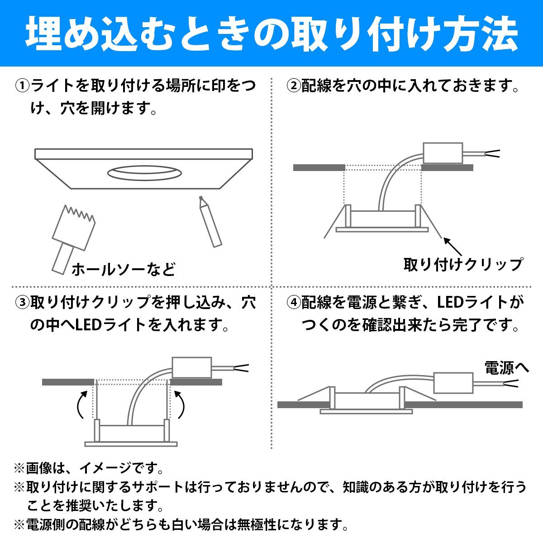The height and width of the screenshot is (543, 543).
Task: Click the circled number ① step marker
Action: click(22, 86)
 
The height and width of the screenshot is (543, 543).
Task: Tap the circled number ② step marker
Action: click(293, 86)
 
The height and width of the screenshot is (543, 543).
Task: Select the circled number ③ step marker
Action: click(22, 303)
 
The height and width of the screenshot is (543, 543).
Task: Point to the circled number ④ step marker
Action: click(293, 303)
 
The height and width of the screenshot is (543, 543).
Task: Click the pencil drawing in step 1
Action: click(210, 222)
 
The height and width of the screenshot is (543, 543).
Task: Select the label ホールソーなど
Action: click(124, 269)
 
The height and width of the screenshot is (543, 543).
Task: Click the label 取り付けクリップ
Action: click(463, 264)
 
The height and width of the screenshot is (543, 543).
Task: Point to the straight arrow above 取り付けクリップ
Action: click(452, 247)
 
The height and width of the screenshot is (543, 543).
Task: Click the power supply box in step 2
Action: click(443, 153)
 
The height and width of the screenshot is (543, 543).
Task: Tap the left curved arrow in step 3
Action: click(81, 405)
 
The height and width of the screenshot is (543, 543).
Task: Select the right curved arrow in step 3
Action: click(180, 405)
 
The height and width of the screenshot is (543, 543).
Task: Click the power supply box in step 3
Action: click(192, 367)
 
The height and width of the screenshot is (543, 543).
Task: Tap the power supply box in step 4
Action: click(453, 383)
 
